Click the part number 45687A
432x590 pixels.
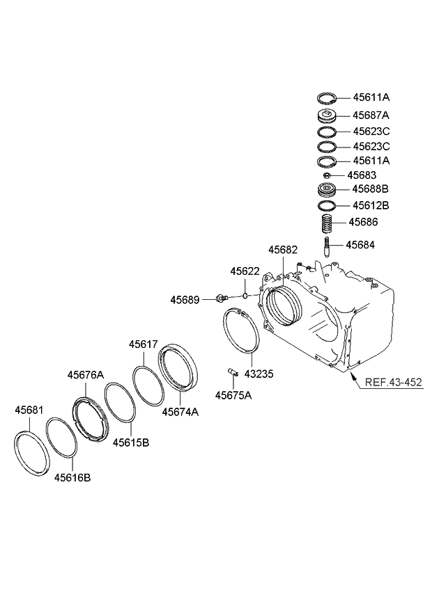pyautogui.click(x=370, y=115)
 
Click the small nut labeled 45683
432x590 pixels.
pyautogui.click(x=326, y=175)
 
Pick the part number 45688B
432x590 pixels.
pyautogui.click(x=370, y=189)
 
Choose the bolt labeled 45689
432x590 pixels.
pyautogui.click(x=221, y=299)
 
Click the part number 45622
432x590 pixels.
pyautogui.click(x=246, y=271)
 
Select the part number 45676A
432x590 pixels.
pyautogui.click(x=86, y=375)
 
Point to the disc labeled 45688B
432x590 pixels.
pyautogui.click(x=326, y=190)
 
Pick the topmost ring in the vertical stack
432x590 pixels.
pyautogui.click(x=327, y=98)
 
